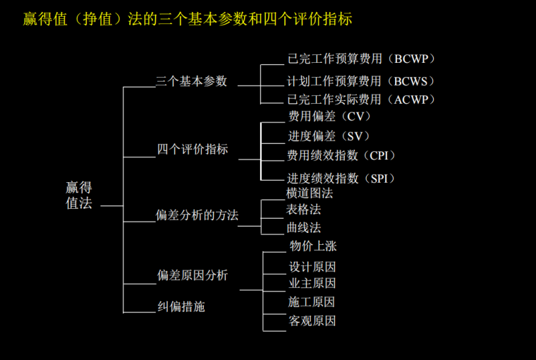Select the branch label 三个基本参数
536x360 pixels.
pos(192,81)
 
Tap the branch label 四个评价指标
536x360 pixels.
pos(192,150)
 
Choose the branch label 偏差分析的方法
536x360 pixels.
pos(197,215)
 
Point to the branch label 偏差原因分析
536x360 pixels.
pos(192,275)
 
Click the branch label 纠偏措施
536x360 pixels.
pos(181,306)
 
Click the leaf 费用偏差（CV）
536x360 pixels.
pos(329,116)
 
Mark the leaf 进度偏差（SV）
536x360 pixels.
pos(329,136)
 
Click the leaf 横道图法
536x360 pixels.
pos(309,193)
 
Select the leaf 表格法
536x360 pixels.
pos(303,210)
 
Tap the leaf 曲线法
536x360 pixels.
pos(303,228)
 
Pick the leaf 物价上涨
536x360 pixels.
pos(312,246)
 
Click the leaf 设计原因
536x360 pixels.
pos(312,268)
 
